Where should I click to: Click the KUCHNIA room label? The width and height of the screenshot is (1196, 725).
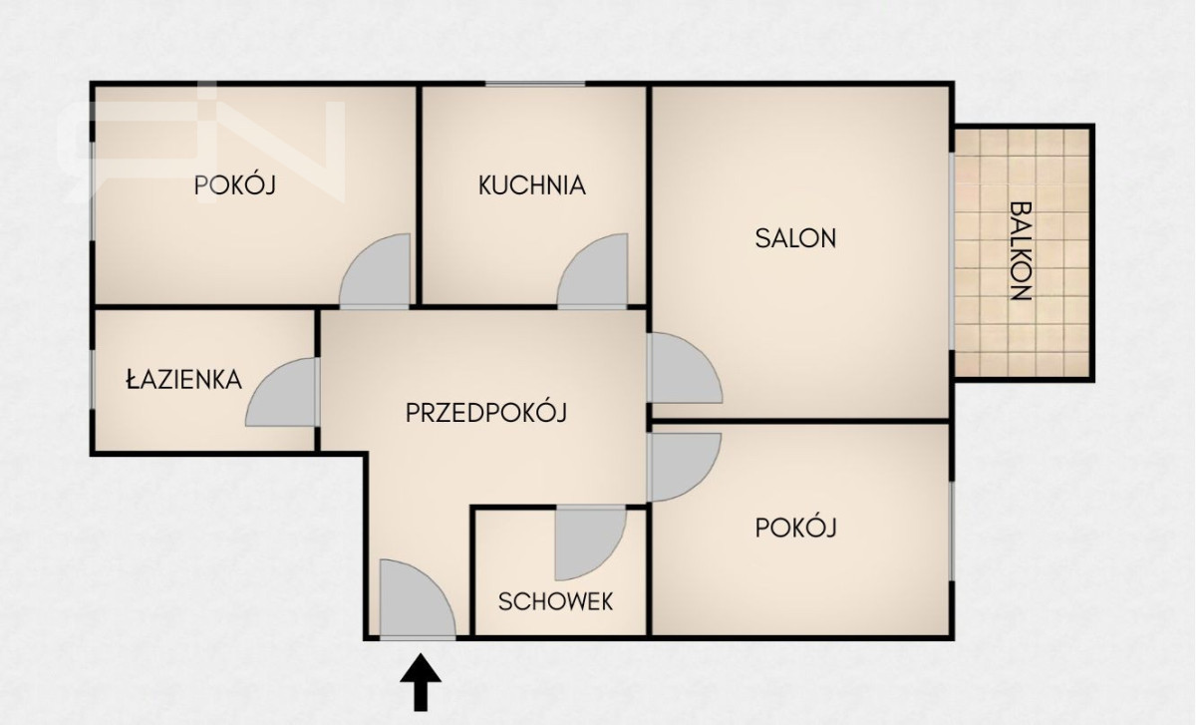click(x=532, y=184)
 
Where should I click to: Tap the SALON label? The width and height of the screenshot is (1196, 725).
click(x=795, y=238)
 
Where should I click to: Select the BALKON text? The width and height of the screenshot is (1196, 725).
click(x=1021, y=250)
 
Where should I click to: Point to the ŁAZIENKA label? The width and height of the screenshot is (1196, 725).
click(x=183, y=379)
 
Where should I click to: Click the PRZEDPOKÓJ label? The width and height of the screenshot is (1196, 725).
click(x=486, y=412)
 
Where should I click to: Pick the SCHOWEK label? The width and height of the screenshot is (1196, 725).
click(x=555, y=601)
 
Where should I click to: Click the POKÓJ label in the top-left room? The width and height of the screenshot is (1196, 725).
click(x=235, y=185)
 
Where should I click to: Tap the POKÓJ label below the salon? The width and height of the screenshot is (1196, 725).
click(x=795, y=528)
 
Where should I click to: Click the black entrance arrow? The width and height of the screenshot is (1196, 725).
click(x=421, y=682)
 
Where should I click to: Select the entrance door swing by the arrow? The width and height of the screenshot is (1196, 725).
click(x=417, y=598)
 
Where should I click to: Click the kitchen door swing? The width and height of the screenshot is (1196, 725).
click(x=593, y=270)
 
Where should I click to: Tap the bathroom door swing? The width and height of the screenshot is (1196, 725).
click(x=282, y=392)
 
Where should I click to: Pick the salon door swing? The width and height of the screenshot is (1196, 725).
click(x=685, y=368)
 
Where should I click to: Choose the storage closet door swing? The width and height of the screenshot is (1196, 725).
click(x=590, y=543)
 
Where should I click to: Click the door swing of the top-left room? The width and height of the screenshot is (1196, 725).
click(x=375, y=270)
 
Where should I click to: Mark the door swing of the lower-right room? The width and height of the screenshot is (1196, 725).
click(x=684, y=468)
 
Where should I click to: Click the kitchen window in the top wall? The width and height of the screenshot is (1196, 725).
click(x=535, y=84)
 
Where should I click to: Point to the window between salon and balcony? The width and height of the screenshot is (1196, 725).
click(x=952, y=251)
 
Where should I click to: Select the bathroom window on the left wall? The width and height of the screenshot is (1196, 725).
click(x=93, y=380)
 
